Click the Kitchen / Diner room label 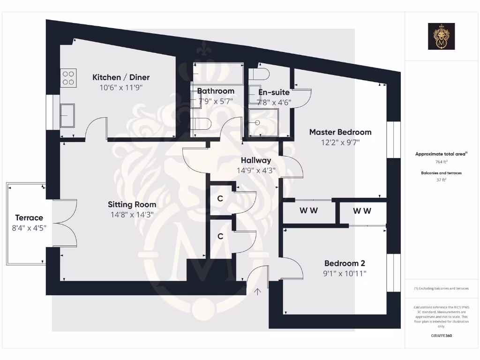point(121,77)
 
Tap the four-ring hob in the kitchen point(68,77)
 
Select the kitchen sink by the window point(67,115)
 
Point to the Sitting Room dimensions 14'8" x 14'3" point(132,214)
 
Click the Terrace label point(29,217)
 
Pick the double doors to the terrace point(65,223)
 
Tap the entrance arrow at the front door point(257,292)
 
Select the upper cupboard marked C point(220,199)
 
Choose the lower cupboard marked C point(220,236)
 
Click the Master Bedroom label point(340,132)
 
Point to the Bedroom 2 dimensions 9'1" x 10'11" point(345,273)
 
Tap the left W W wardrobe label point(308,210)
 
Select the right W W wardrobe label point(362,211)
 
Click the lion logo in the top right point(441,37)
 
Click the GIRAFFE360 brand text point(441,336)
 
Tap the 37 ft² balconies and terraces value point(441,180)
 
